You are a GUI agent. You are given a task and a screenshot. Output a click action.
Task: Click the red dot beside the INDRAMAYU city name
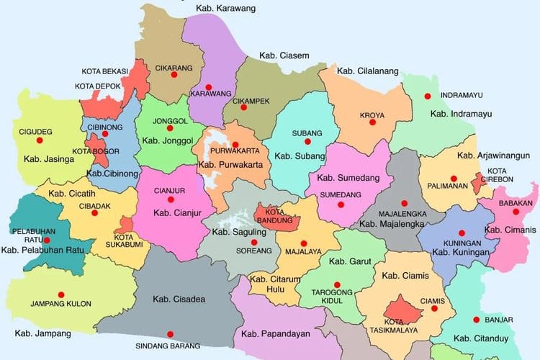pos(427,96)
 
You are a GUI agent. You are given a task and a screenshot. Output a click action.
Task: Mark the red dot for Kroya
pos(373,103)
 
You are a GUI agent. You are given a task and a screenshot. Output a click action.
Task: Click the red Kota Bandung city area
pos(277,215)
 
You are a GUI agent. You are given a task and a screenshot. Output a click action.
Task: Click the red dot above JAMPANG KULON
pos(60,294)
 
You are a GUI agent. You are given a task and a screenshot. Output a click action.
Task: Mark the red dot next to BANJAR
pos(476,320)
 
